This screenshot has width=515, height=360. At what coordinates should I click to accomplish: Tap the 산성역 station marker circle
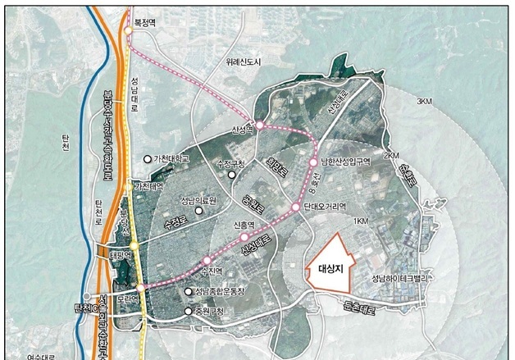click(x=259, y=126)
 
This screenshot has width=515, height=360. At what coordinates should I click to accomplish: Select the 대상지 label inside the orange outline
click(x=330, y=267)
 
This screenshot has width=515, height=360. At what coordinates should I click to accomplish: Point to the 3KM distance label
click(x=424, y=101)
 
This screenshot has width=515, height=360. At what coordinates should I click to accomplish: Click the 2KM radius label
click(x=391, y=155)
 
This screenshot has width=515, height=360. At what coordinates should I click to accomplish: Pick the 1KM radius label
click(x=359, y=222)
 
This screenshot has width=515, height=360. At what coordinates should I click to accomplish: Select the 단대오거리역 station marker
click(x=296, y=207)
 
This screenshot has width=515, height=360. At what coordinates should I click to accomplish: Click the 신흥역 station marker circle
click(x=244, y=237)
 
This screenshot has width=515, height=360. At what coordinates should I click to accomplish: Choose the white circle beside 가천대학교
click(x=148, y=158)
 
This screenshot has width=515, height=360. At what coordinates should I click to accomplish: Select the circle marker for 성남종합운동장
click(x=189, y=292)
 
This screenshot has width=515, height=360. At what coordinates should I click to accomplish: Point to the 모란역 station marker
click(x=141, y=287)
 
